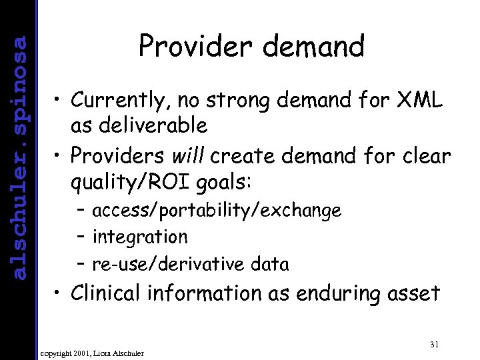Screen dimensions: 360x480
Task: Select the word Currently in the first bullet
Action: click(x=117, y=101)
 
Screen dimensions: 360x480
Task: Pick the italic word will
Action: click(x=189, y=156)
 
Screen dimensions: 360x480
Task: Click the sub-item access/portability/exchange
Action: click(x=217, y=211)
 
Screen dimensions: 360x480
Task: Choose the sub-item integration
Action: click(x=140, y=237)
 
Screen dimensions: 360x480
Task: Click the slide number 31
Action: click(x=434, y=344)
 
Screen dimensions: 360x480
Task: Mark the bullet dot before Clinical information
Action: click(x=59, y=293)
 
